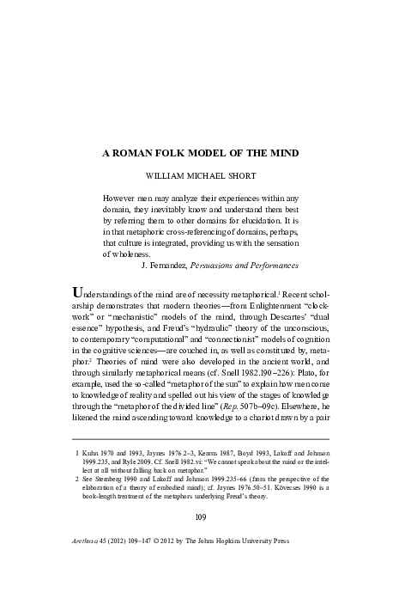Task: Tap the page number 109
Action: point(199,540)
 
